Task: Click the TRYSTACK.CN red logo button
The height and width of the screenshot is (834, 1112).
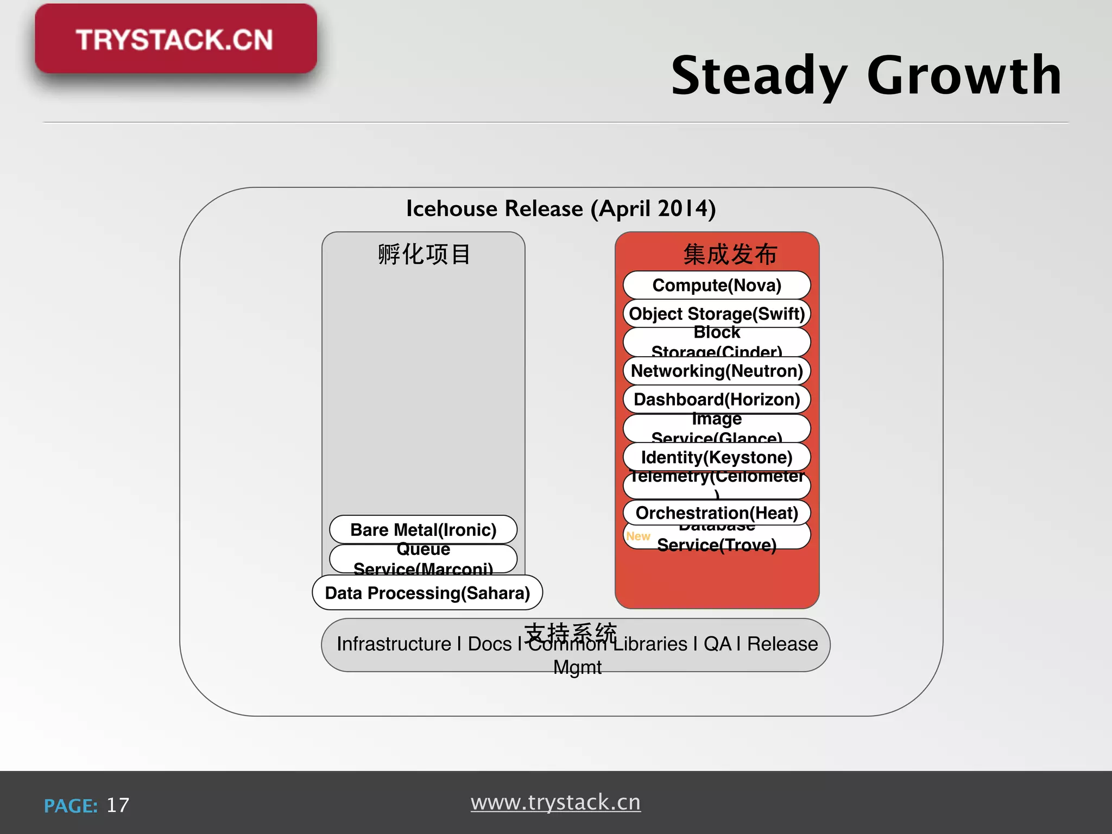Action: click(175, 39)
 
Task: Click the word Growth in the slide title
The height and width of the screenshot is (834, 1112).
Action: click(964, 75)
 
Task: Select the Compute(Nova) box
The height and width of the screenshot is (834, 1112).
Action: click(716, 285)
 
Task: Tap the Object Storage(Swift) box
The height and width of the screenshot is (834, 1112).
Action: click(716, 314)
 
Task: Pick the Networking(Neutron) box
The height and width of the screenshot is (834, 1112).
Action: click(716, 371)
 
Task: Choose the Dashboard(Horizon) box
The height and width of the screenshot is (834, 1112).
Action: click(716, 400)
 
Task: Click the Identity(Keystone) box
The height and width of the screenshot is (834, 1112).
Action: click(716, 457)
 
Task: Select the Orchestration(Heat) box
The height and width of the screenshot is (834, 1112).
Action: click(716, 513)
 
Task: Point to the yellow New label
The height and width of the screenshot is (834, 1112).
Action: click(638, 536)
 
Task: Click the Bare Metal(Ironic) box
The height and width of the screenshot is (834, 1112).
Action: click(423, 529)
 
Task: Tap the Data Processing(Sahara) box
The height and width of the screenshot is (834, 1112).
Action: click(427, 593)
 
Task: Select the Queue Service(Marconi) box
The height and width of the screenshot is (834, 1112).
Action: click(423, 559)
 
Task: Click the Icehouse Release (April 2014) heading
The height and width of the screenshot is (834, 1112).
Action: click(561, 208)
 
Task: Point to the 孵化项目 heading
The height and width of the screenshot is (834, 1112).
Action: click(424, 254)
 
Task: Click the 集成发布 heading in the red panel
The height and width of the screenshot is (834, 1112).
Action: click(730, 254)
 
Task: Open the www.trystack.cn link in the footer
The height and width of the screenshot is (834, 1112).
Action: click(555, 802)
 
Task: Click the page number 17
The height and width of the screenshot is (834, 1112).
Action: click(118, 805)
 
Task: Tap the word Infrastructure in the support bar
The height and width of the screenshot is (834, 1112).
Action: click(394, 644)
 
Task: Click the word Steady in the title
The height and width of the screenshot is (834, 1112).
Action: click(759, 75)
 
